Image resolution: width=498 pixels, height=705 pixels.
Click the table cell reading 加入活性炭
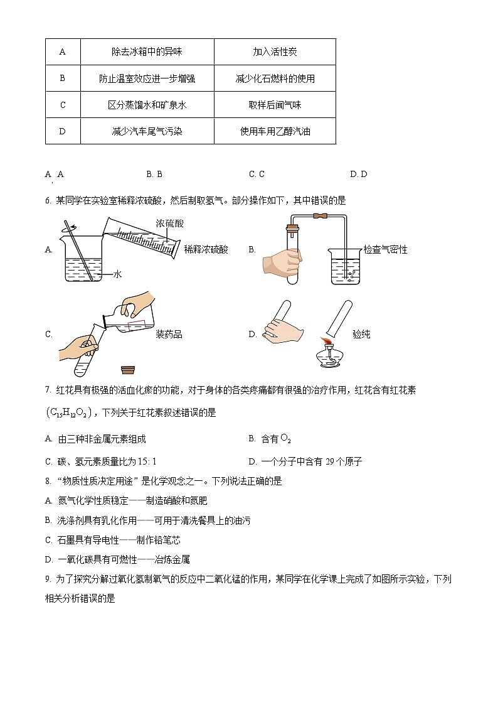[275, 52]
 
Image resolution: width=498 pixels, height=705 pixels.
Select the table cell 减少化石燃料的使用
[275, 78]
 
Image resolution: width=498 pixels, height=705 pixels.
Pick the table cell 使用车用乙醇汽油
[275, 131]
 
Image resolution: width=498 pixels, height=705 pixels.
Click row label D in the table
[62, 131]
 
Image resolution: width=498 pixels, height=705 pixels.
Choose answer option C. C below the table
[257, 174]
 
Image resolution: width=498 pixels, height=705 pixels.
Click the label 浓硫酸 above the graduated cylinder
[170, 223]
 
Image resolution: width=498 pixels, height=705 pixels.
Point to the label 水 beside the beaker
[117, 274]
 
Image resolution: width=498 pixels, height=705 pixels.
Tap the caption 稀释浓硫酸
[206, 249]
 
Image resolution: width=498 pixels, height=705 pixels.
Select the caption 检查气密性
[385, 249]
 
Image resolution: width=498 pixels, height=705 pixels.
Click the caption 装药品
[169, 334]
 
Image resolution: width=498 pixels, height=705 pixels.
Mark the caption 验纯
[361, 334]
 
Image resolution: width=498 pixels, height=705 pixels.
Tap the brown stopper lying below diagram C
[129, 370]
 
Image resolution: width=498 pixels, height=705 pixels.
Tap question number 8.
[48, 481]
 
